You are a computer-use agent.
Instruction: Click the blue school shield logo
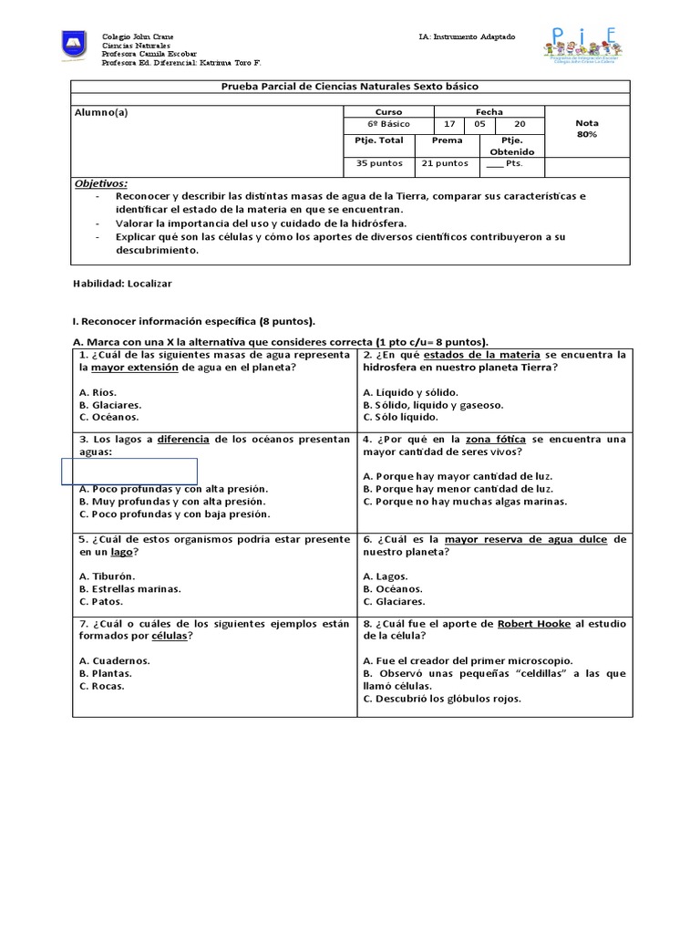click(x=74, y=44)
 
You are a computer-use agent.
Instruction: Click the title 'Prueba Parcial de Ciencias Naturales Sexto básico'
click(x=351, y=87)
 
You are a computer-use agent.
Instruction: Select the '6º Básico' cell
click(x=388, y=123)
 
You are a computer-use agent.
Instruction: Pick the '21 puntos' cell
click(x=444, y=163)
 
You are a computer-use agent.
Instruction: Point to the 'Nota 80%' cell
click(x=587, y=129)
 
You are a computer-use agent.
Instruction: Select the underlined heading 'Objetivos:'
click(x=100, y=183)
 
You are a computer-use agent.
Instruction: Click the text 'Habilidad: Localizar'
click(x=122, y=284)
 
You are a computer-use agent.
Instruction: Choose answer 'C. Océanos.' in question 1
click(x=108, y=417)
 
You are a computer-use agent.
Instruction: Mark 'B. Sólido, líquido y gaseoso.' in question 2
click(x=433, y=404)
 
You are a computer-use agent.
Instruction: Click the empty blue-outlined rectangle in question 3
click(x=129, y=471)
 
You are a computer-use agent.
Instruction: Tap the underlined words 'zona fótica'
click(x=496, y=439)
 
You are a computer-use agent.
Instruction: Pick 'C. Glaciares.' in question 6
click(x=394, y=602)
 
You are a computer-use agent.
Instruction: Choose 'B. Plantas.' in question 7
click(x=106, y=673)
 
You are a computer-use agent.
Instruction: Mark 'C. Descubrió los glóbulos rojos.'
click(x=442, y=699)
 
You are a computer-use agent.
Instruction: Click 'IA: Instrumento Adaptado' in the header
click(x=467, y=36)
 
